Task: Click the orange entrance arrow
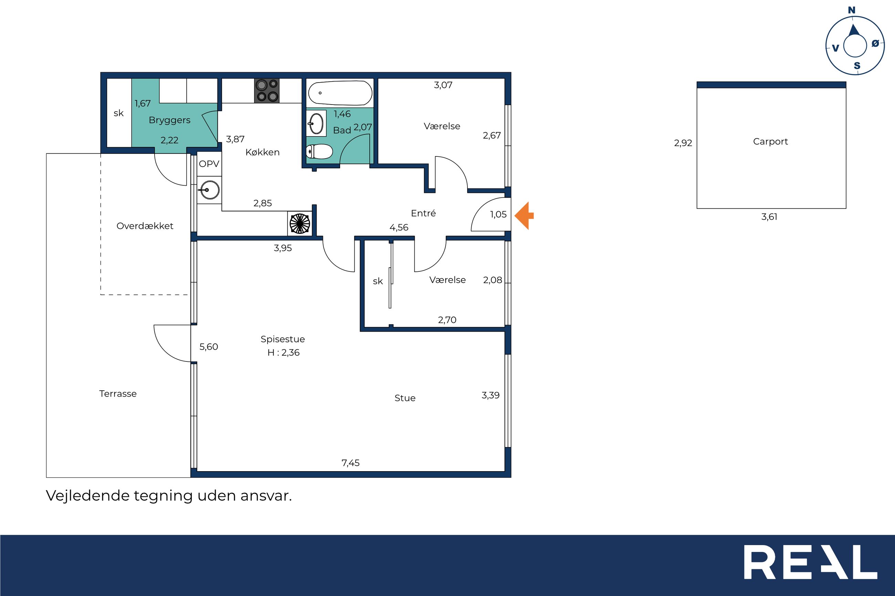(524, 216)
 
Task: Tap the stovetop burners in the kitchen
(267, 90)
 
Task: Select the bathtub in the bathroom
(340, 93)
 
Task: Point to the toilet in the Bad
(319, 152)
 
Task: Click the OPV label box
(209, 164)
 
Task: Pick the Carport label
(770, 141)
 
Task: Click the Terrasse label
(118, 393)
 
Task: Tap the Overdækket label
(145, 226)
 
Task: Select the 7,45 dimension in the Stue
(350, 463)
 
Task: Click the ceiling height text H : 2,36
(283, 353)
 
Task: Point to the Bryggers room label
(170, 120)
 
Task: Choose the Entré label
(423, 213)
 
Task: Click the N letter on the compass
(852, 10)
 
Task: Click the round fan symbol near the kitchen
(300, 224)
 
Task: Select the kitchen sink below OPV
(209, 190)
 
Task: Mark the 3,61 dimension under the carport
(769, 217)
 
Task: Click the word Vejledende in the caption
(87, 496)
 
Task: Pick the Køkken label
(262, 152)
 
